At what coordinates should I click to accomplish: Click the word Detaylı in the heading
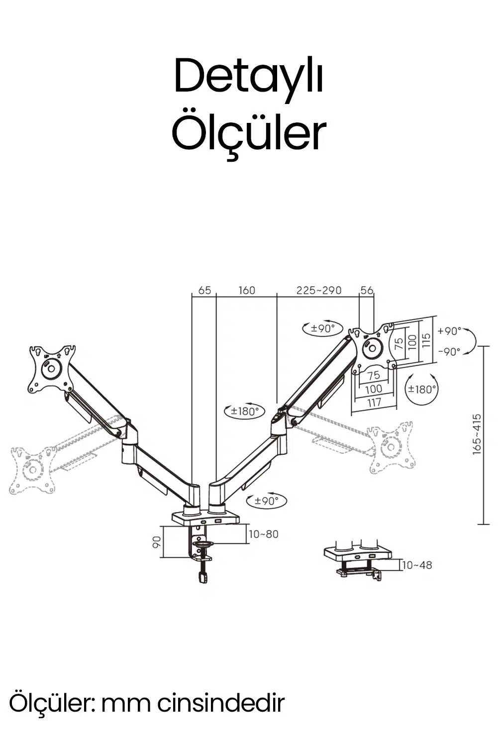[249, 76]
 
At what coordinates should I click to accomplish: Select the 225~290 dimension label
[319, 290]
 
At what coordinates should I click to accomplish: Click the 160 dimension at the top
[247, 290]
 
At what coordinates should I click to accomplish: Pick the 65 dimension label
[204, 290]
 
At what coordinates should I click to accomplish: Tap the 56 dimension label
[367, 290]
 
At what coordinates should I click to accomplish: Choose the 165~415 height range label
[477, 433]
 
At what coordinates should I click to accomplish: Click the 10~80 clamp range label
[264, 534]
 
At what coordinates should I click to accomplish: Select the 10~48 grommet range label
[417, 565]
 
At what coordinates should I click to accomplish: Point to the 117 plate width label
[374, 402]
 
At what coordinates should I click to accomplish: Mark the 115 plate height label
[426, 341]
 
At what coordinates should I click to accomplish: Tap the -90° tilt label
[449, 351]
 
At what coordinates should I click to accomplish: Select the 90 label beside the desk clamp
[156, 542]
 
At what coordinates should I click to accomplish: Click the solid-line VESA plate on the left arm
[52, 369]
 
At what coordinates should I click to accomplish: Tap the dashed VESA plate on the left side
[33, 470]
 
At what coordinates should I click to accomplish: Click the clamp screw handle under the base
[202, 577]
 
